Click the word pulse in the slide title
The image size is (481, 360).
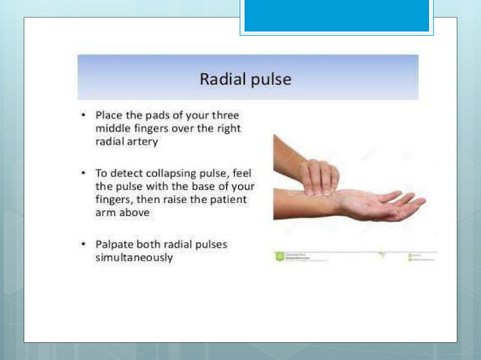(271, 79)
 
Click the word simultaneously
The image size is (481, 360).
(134, 258)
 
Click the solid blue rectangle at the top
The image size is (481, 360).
(336, 16)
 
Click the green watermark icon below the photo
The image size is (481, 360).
(279, 257)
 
